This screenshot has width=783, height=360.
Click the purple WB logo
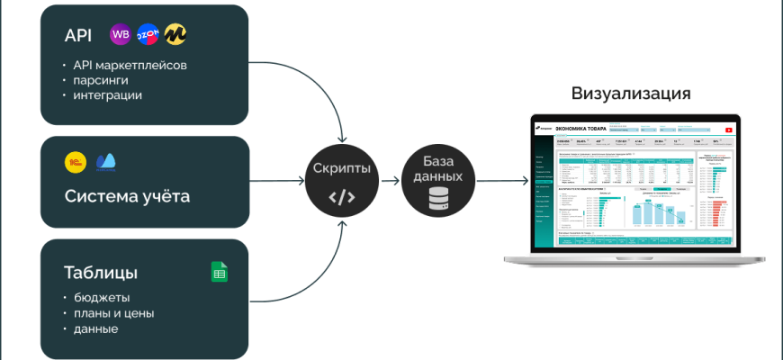tap(120, 35)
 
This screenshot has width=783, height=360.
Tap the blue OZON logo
tap(148, 35)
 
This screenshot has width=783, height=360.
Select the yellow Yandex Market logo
tap(175, 35)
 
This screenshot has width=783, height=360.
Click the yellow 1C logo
tap(76, 162)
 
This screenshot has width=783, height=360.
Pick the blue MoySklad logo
tap(106, 162)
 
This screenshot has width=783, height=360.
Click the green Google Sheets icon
tap(219, 272)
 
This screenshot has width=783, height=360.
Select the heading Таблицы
tap(100, 272)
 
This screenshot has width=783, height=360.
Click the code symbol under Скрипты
tap(342, 197)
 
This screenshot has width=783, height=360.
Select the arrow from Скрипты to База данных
tap(390, 181)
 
